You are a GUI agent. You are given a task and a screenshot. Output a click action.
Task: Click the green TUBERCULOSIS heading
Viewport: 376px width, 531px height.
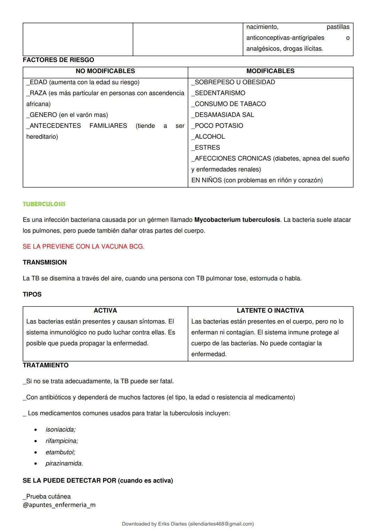tap(44, 204)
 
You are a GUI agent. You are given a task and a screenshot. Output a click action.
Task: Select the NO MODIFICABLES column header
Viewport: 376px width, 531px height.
tap(105, 71)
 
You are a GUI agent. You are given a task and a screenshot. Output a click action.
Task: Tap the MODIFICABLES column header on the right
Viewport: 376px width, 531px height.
tap(270, 71)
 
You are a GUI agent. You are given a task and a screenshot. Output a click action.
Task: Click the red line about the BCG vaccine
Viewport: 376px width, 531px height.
tap(84, 247)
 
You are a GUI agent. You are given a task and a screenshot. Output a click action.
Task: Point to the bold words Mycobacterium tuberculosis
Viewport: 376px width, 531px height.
tap(237, 220)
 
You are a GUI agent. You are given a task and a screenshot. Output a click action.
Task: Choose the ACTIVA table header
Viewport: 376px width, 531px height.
tap(105, 311)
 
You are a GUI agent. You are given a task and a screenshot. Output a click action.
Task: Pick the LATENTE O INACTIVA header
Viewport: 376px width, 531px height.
tap(270, 311)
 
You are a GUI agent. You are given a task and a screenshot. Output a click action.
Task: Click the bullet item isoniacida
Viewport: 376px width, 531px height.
tap(61, 430)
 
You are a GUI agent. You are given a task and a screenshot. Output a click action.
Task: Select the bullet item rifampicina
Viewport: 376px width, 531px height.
tap(62, 441)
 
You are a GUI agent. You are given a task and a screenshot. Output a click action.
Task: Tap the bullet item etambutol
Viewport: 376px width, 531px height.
tap(60, 452)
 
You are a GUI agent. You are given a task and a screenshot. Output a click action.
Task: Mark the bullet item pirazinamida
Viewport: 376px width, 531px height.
tap(64, 464)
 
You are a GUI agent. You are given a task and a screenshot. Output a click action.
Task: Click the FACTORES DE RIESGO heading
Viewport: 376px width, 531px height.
tap(58, 60)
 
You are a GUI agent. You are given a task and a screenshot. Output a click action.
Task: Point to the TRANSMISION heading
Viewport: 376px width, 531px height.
tap(45, 263)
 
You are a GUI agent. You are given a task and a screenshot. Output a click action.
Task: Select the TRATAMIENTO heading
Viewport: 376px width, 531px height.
tap(46, 365)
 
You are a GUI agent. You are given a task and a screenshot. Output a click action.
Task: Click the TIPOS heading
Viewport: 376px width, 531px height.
tap(32, 295)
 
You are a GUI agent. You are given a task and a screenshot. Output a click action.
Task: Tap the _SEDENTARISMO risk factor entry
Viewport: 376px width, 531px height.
tap(218, 93)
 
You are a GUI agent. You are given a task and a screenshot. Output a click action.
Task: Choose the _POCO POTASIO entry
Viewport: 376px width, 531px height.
tap(217, 126)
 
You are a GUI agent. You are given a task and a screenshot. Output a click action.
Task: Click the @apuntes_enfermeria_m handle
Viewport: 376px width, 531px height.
tap(59, 505)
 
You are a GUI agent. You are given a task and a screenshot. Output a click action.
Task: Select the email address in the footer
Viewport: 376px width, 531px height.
tap(221, 524)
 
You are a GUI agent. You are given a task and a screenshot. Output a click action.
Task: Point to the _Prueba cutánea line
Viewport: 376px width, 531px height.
tap(47, 497)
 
